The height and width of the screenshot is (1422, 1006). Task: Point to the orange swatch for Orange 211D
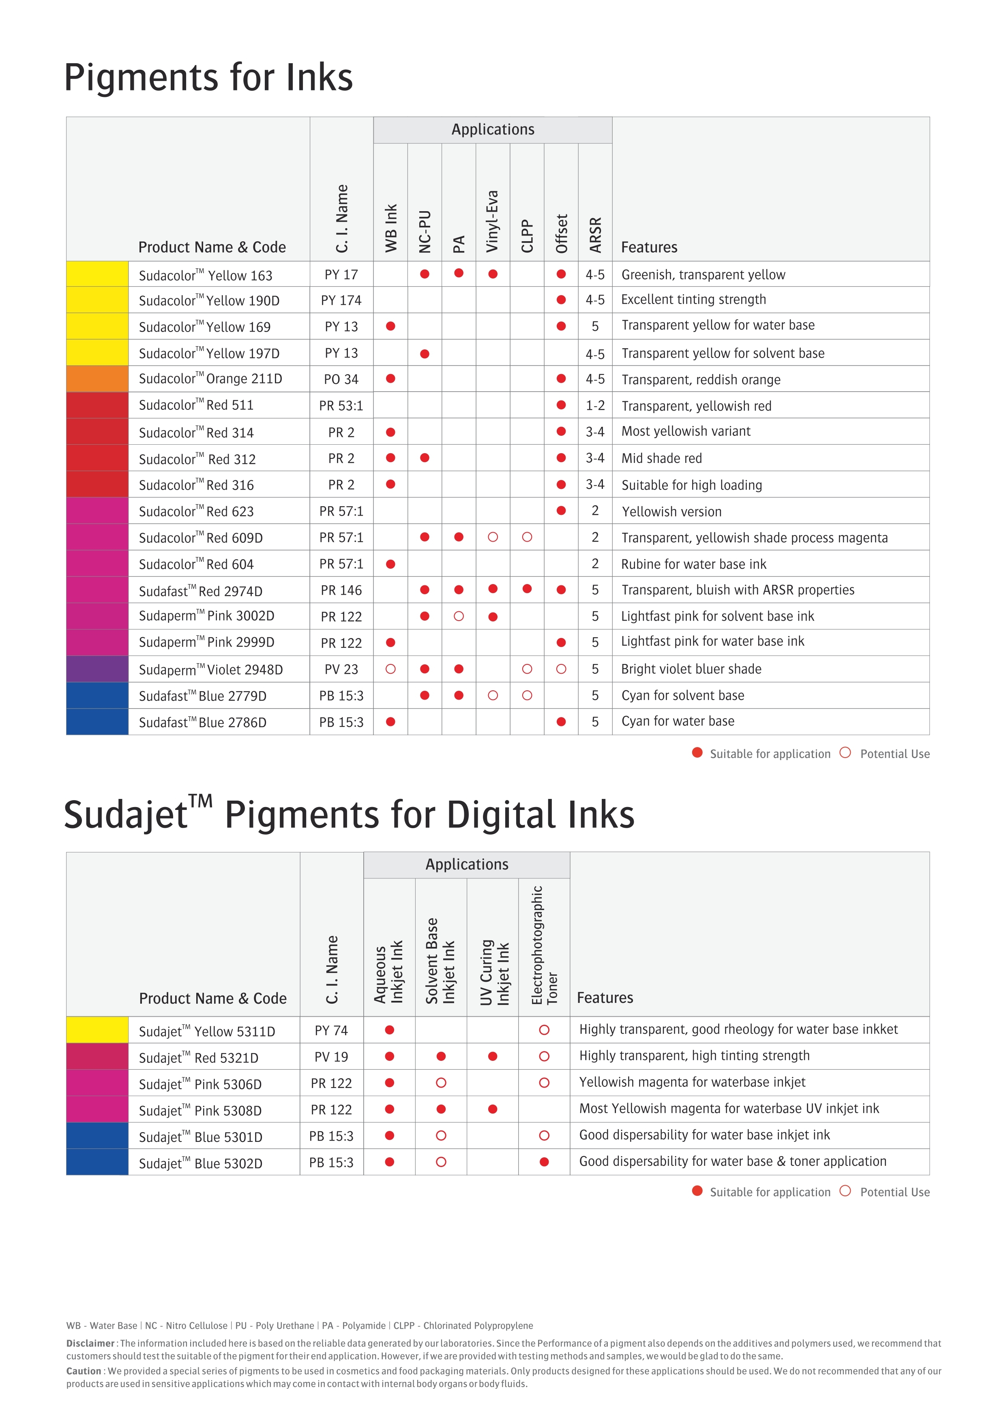point(97,379)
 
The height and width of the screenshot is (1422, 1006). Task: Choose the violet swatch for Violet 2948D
point(97,669)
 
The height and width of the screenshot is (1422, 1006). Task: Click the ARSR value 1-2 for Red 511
point(595,406)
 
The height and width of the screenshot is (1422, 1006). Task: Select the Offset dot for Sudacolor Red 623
point(561,511)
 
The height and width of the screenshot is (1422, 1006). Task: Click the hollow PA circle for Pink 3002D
point(459,616)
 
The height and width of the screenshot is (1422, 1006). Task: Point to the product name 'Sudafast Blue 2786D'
point(203,722)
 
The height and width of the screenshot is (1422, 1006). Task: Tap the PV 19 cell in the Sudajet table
point(331,1057)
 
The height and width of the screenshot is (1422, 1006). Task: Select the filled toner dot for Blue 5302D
point(544,1162)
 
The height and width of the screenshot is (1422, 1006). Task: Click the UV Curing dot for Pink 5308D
point(493,1109)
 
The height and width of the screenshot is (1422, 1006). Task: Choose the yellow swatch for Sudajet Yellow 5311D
point(97,1030)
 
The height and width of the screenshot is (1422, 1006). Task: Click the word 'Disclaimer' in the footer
point(90,1343)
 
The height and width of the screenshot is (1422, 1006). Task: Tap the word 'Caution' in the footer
point(84,1371)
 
